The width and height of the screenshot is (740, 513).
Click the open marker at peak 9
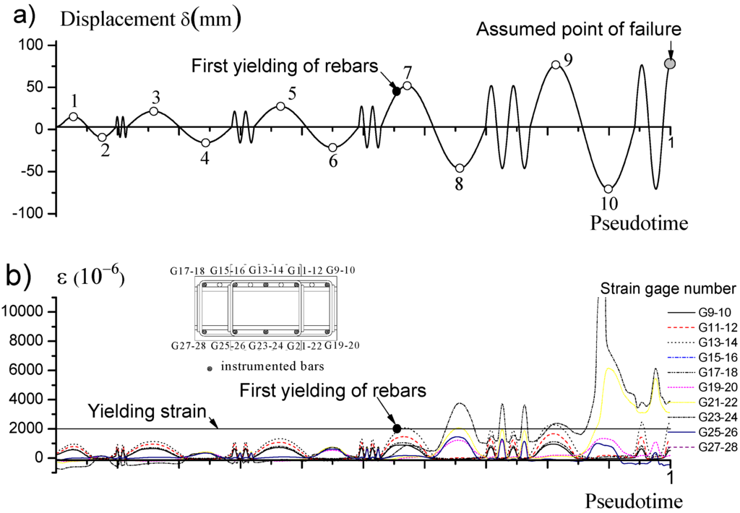pyautogui.click(x=555, y=64)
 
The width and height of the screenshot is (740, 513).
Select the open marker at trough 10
pyautogui.click(x=608, y=189)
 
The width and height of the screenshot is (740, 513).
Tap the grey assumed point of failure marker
pyautogui.click(x=670, y=64)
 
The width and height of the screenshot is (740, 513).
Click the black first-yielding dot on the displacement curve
pyautogui.click(x=396, y=90)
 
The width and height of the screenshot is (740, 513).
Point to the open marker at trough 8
pyautogui.click(x=460, y=168)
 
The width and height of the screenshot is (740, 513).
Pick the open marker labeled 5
pyautogui.click(x=280, y=105)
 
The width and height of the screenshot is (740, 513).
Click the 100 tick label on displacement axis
pyautogui.click(x=33, y=45)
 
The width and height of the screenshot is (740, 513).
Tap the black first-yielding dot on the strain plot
pyautogui.click(x=396, y=428)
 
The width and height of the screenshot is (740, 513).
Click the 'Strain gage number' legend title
pyautogui.click(x=668, y=289)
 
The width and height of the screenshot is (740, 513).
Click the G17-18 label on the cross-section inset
pyautogui.click(x=189, y=271)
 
